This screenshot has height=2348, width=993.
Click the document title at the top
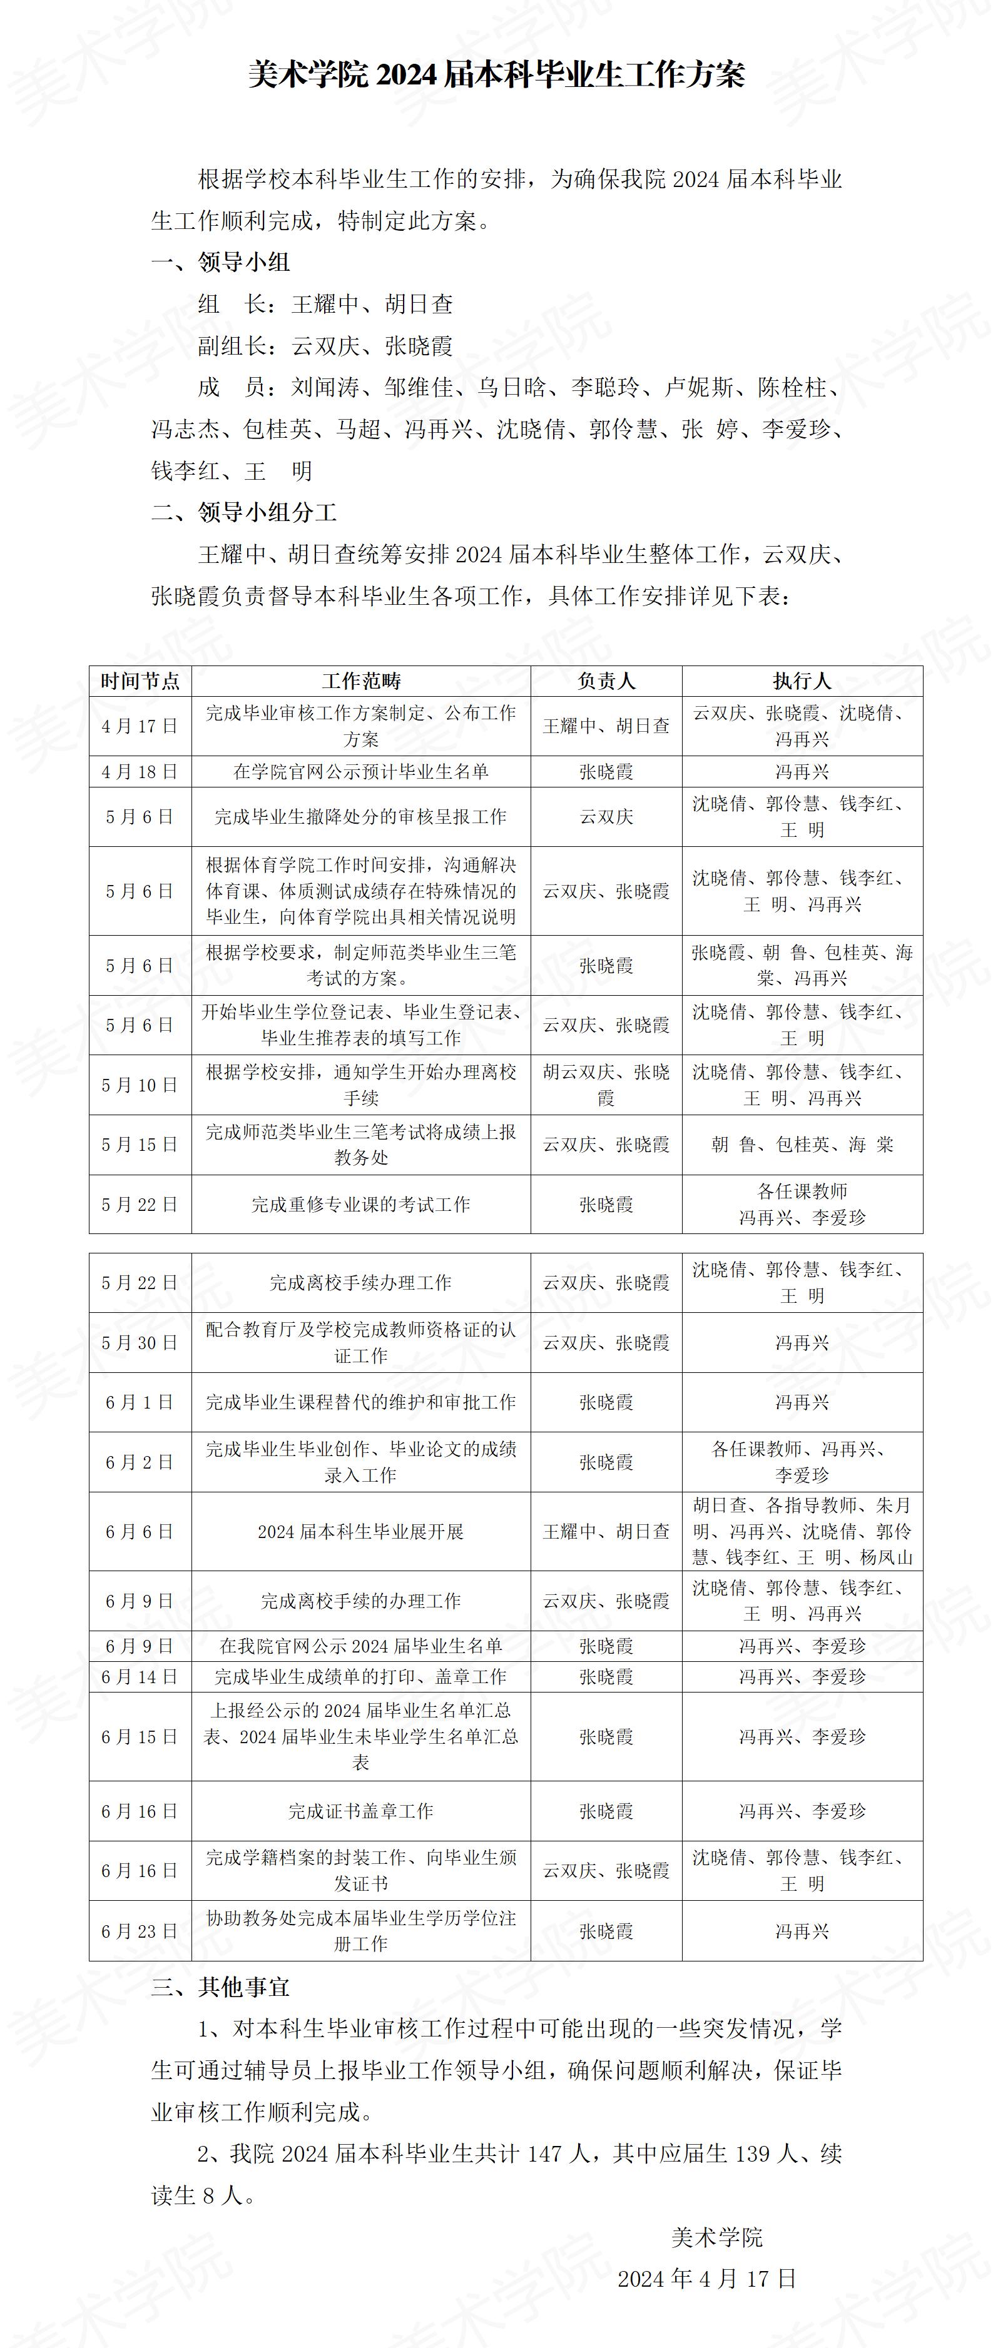tap(496, 74)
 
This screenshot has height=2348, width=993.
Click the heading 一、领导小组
tap(221, 263)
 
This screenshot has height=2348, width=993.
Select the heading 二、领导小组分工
tap(245, 512)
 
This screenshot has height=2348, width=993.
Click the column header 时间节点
tap(140, 681)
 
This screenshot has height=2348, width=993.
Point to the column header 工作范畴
tap(361, 681)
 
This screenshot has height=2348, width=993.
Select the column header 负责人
tap(606, 681)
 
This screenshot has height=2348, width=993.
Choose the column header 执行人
tap(802, 681)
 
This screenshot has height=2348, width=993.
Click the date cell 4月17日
tap(140, 726)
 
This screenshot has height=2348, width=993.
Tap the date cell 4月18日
tap(140, 772)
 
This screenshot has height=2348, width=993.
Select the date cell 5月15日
tap(140, 1145)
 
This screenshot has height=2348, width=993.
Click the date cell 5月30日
tap(140, 1343)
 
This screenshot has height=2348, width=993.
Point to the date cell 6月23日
tap(140, 1931)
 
